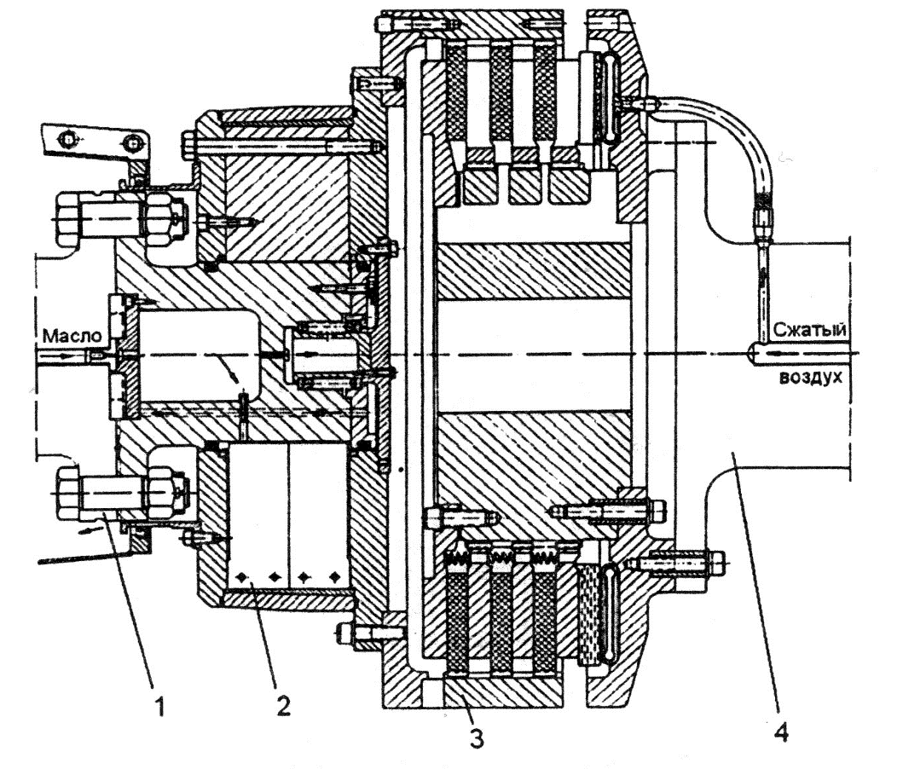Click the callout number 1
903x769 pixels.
point(160,706)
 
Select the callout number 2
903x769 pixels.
point(283,706)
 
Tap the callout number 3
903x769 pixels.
point(477,738)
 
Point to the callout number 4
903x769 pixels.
point(781,732)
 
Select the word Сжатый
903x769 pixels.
point(809,329)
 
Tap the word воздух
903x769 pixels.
point(810,378)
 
